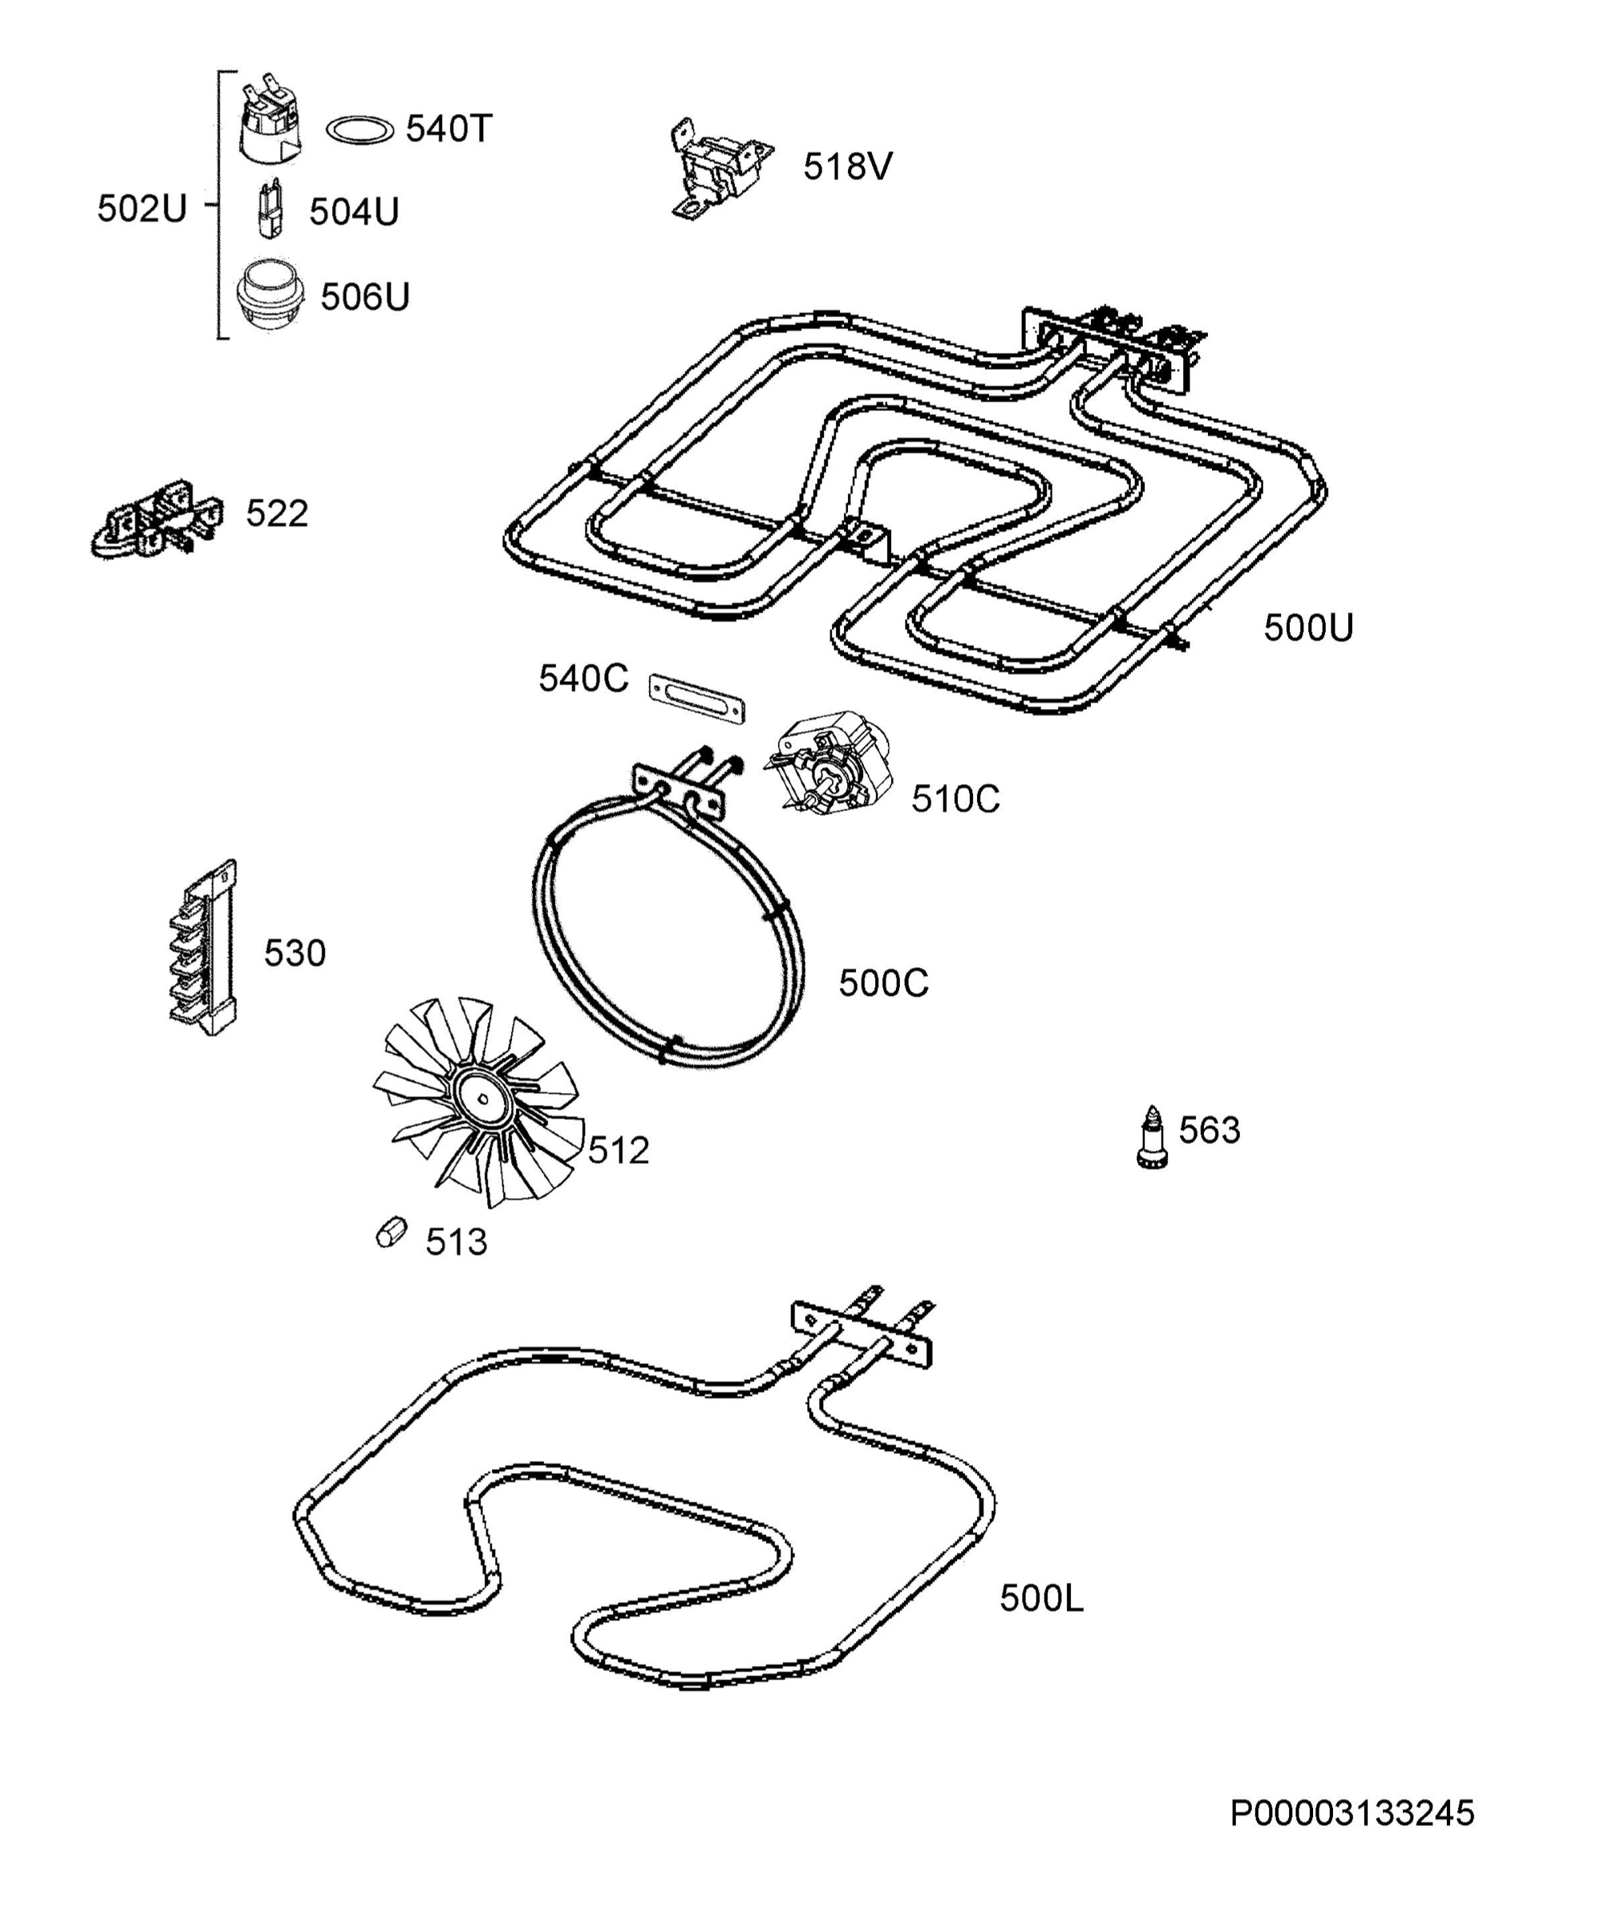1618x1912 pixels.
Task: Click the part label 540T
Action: [x=449, y=129]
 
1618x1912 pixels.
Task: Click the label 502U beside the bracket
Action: [x=143, y=210]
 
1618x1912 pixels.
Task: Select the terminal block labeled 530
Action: [x=203, y=949]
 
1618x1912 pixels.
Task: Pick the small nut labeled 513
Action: [x=391, y=1231]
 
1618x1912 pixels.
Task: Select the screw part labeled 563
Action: [x=1152, y=1138]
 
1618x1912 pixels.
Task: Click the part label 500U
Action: [x=1309, y=628]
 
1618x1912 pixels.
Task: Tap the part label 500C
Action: [x=883, y=984]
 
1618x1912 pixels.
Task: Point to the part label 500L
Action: [x=1041, y=1598]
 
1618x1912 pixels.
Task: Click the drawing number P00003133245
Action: [x=1352, y=1814]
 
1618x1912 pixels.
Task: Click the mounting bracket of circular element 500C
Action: [x=678, y=791]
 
